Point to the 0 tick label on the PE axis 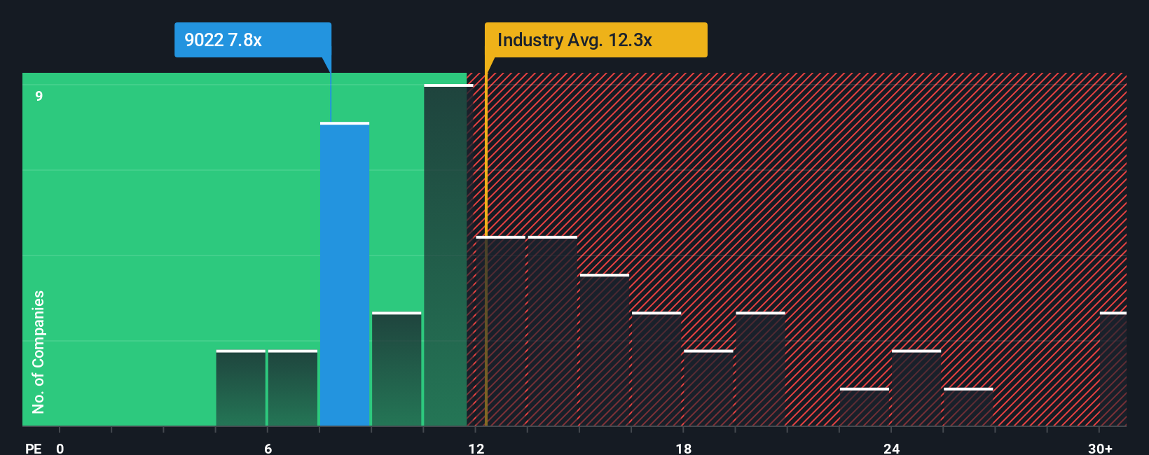click(60, 448)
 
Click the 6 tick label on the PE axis click(268, 448)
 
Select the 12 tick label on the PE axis click(476, 448)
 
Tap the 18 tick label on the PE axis click(684, 448)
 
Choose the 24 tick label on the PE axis click(891, 448)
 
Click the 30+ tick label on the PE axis click(1100, 448)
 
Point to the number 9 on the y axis click(39, 96)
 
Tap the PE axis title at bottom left click(33, 448)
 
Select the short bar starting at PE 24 click(916, 388)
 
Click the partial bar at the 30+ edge click(1113, 370)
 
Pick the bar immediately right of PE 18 click(708, 388)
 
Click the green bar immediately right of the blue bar click(397, 370)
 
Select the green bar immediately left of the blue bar click(293, 388)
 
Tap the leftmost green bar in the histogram click(241, 388)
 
